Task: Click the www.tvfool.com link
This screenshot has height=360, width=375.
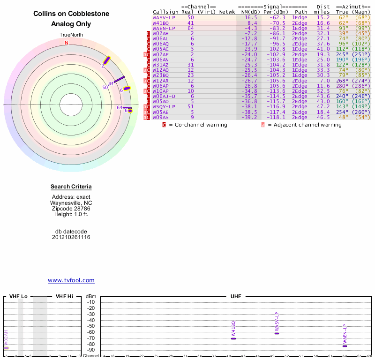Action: click(x=71, y=280)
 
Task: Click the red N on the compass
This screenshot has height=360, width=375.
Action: click(x=67, y=43)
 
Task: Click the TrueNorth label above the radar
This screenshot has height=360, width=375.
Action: click(x=71, y=35)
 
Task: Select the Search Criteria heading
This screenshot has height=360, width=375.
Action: click(x=71, y=187)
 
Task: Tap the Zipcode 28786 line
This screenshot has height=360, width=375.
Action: click(x=71, y=209)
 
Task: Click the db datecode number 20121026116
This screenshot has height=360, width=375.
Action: click(x=71, y=237)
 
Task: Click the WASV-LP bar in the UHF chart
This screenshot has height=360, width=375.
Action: click(x=277, y=333)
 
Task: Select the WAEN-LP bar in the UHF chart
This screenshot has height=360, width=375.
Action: click(x=345, y=345)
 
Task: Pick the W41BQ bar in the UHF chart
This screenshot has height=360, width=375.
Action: click(x=233, y=338)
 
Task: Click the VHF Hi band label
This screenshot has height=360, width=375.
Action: click(x=64, y=297)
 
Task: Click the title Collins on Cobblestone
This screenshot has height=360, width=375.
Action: click(x=71, y=14)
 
